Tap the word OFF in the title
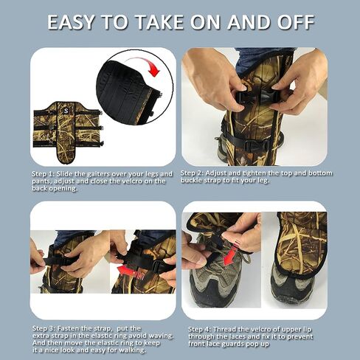[x=297, y=22]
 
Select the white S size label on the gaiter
[x=66, y=111]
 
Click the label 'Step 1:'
[x=43, y=174]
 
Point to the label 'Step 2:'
[x=192, y=173]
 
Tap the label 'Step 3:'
[x=44, y=328]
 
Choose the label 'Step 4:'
[x=199, y=329]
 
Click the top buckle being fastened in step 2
[x=256, y=95]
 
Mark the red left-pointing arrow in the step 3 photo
[x=131, y=271]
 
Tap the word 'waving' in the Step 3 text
[x=161, y=336]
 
